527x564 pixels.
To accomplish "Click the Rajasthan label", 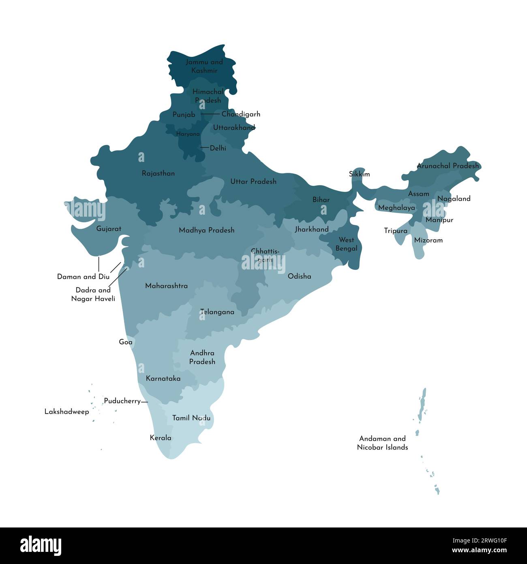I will [x=158, y=174].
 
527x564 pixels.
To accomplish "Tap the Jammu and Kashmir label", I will [x=204, y=66].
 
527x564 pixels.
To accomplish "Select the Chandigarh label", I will [x=241, y=114].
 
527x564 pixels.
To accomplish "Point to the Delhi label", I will [x=218, y=149].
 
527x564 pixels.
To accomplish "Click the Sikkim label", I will [x=359, y=174].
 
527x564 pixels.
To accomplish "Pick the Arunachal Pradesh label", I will [x=448, y=166].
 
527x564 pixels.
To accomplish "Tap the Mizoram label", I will [x=428, y=240].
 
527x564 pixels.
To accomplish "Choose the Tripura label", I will [x=396, y=231].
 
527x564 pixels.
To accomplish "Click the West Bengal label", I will [x=346, y=244].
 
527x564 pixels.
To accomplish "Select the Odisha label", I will [x=299, y=276].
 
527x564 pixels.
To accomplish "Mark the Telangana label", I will [x=217, y=312].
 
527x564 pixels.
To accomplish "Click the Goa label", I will [x=126, y=342].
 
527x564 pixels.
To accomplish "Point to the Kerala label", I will [x=161, y=438].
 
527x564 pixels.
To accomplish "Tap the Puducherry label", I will [x=122, y=401].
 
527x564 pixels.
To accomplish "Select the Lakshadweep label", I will [x=66, y=412].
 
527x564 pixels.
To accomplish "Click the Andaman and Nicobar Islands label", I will [x=382, y=443].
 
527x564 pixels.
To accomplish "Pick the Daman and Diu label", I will [x=83, y=277].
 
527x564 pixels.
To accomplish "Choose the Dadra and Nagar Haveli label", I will [x=93, y=295].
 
